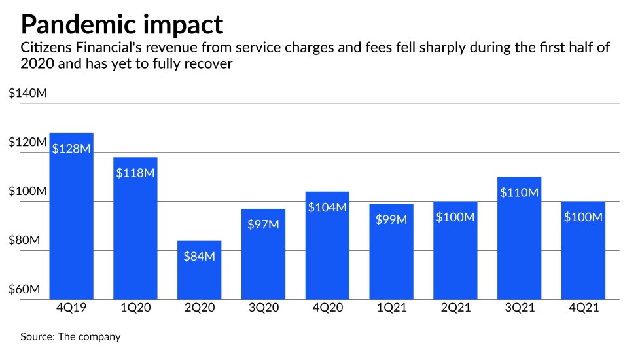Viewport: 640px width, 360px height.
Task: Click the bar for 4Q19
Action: tap(71, 216)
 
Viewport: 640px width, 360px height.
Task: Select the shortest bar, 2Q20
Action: tap(200, 270)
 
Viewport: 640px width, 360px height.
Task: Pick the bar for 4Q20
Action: tap(327, 245)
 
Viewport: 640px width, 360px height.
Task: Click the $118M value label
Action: tap(135, 173)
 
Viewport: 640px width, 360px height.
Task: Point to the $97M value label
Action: tap(263, 224)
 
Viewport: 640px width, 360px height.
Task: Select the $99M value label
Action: tap(391, 219)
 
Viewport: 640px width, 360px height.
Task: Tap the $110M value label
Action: tap(519, 192)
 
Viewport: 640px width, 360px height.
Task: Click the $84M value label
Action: tap(200, 256)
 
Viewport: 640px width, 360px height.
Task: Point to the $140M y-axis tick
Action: tap(27, 94)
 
